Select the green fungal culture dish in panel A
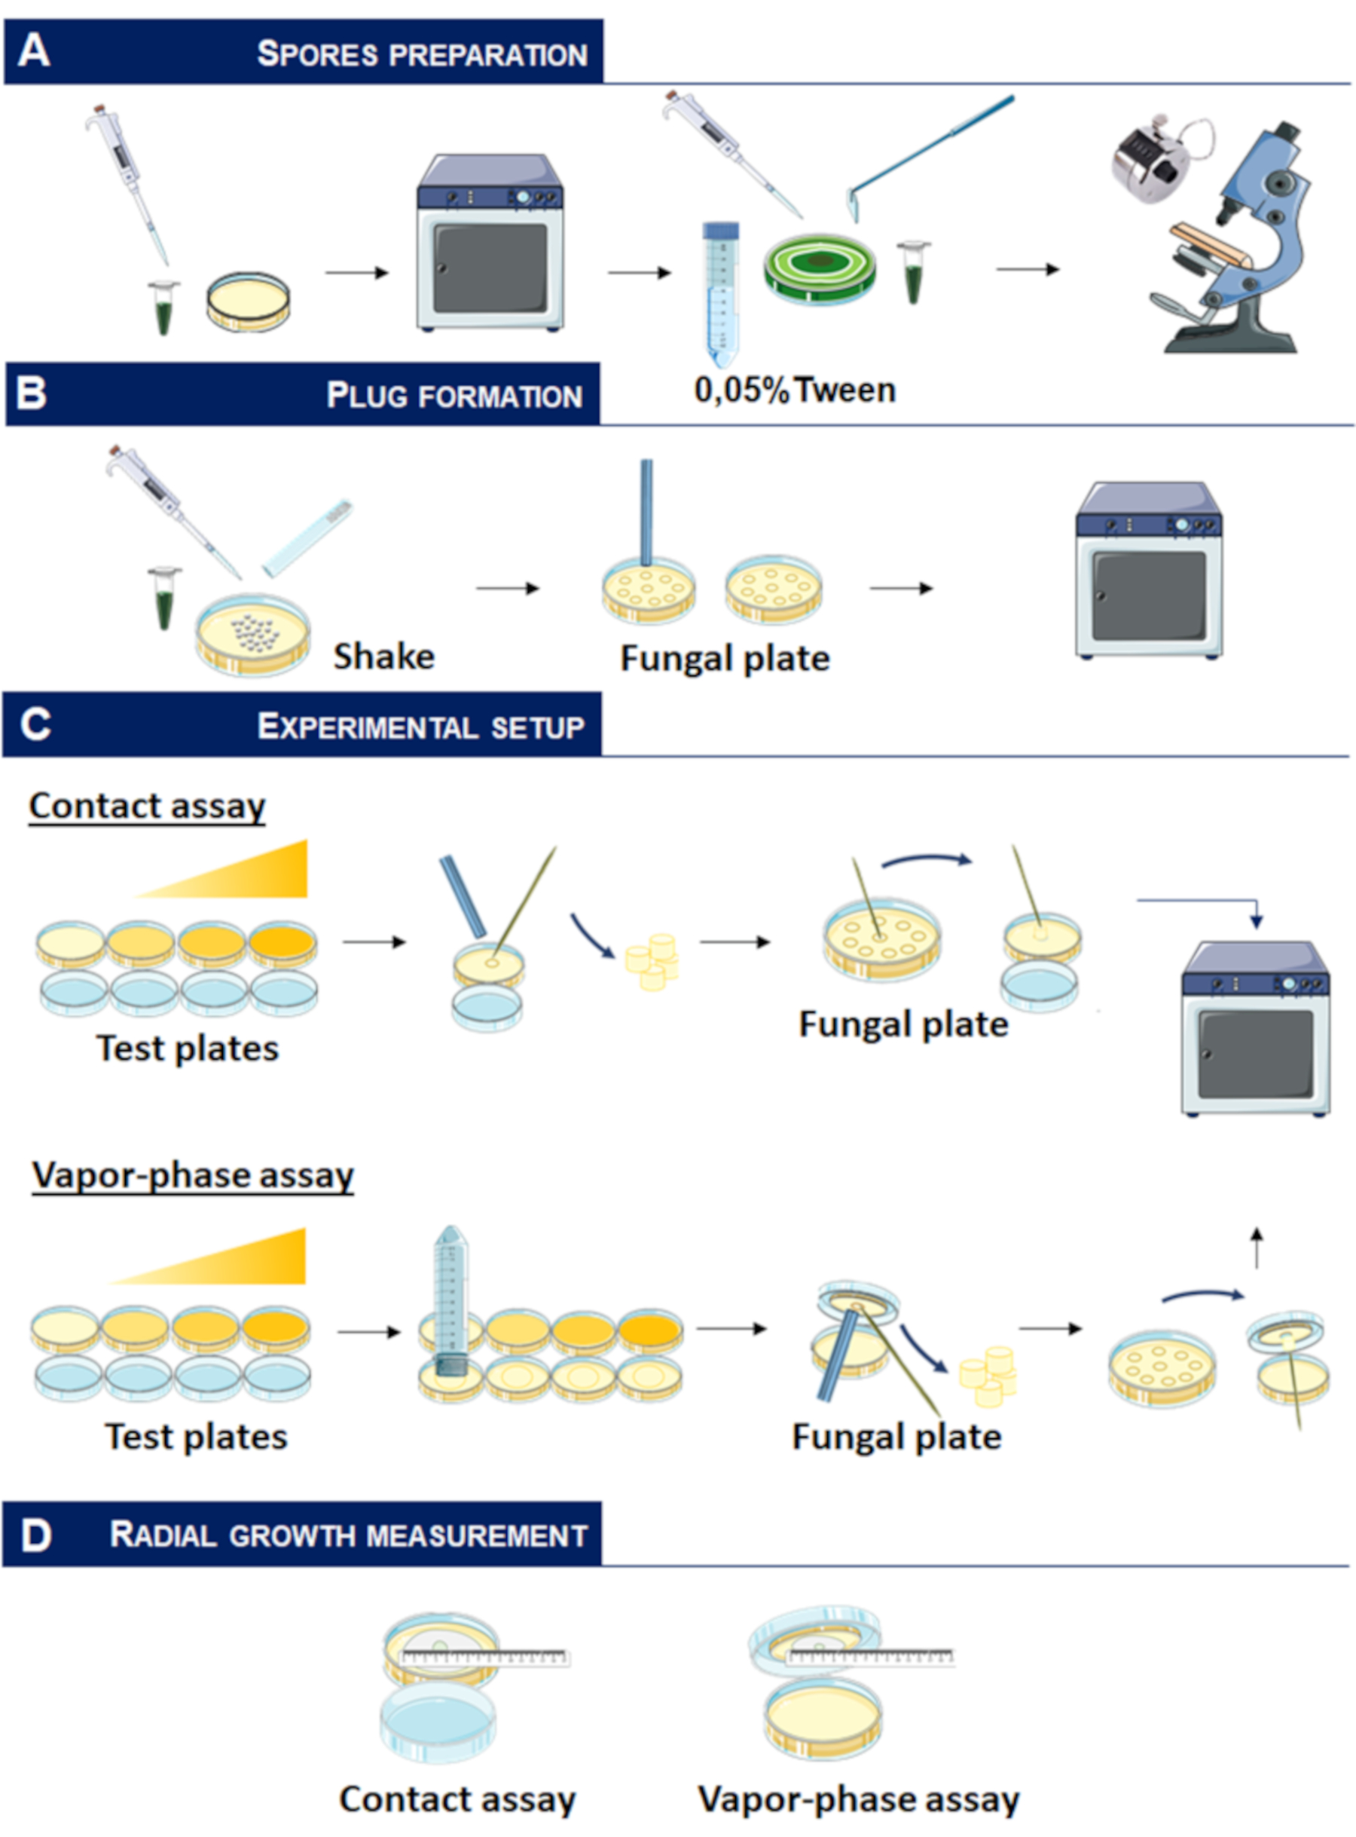(819, 268)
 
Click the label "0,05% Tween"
(795, 390)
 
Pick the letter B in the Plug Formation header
(31, 393)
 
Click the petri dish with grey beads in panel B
(253, 634)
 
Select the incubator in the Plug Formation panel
(1148, 571)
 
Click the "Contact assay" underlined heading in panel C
(148, 807)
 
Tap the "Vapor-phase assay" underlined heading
(193, 1175)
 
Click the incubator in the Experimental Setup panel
(1255, 1028)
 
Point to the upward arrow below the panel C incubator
(1256, 1248)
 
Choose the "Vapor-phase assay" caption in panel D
(859, 1800)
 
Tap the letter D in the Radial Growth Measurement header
(35, 1535)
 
